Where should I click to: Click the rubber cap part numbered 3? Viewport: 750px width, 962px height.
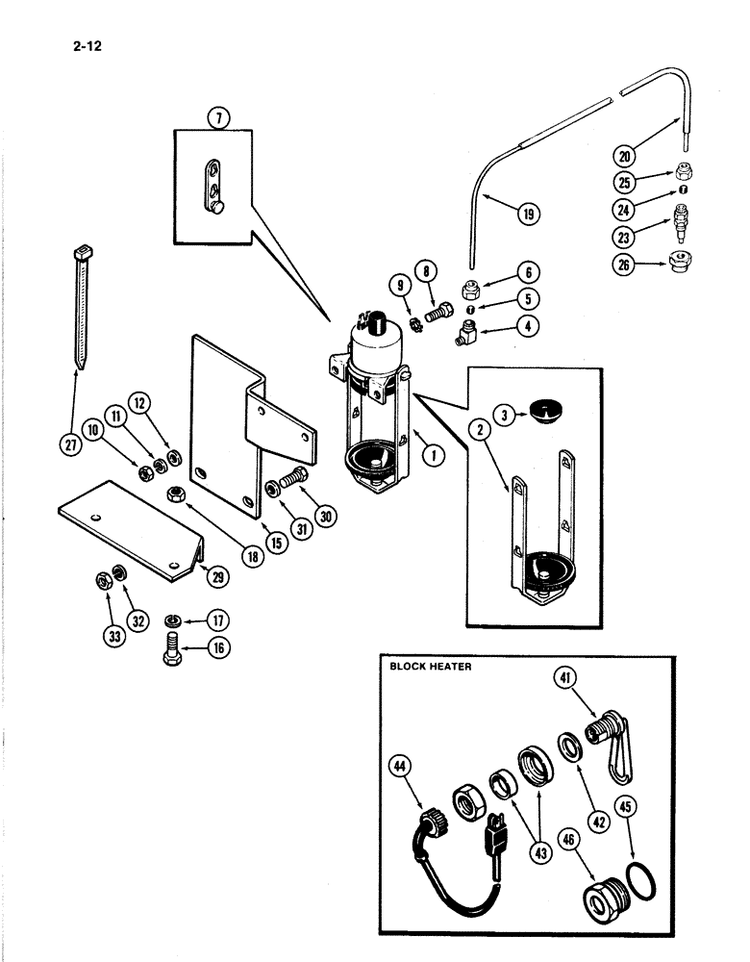click(543, 414)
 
